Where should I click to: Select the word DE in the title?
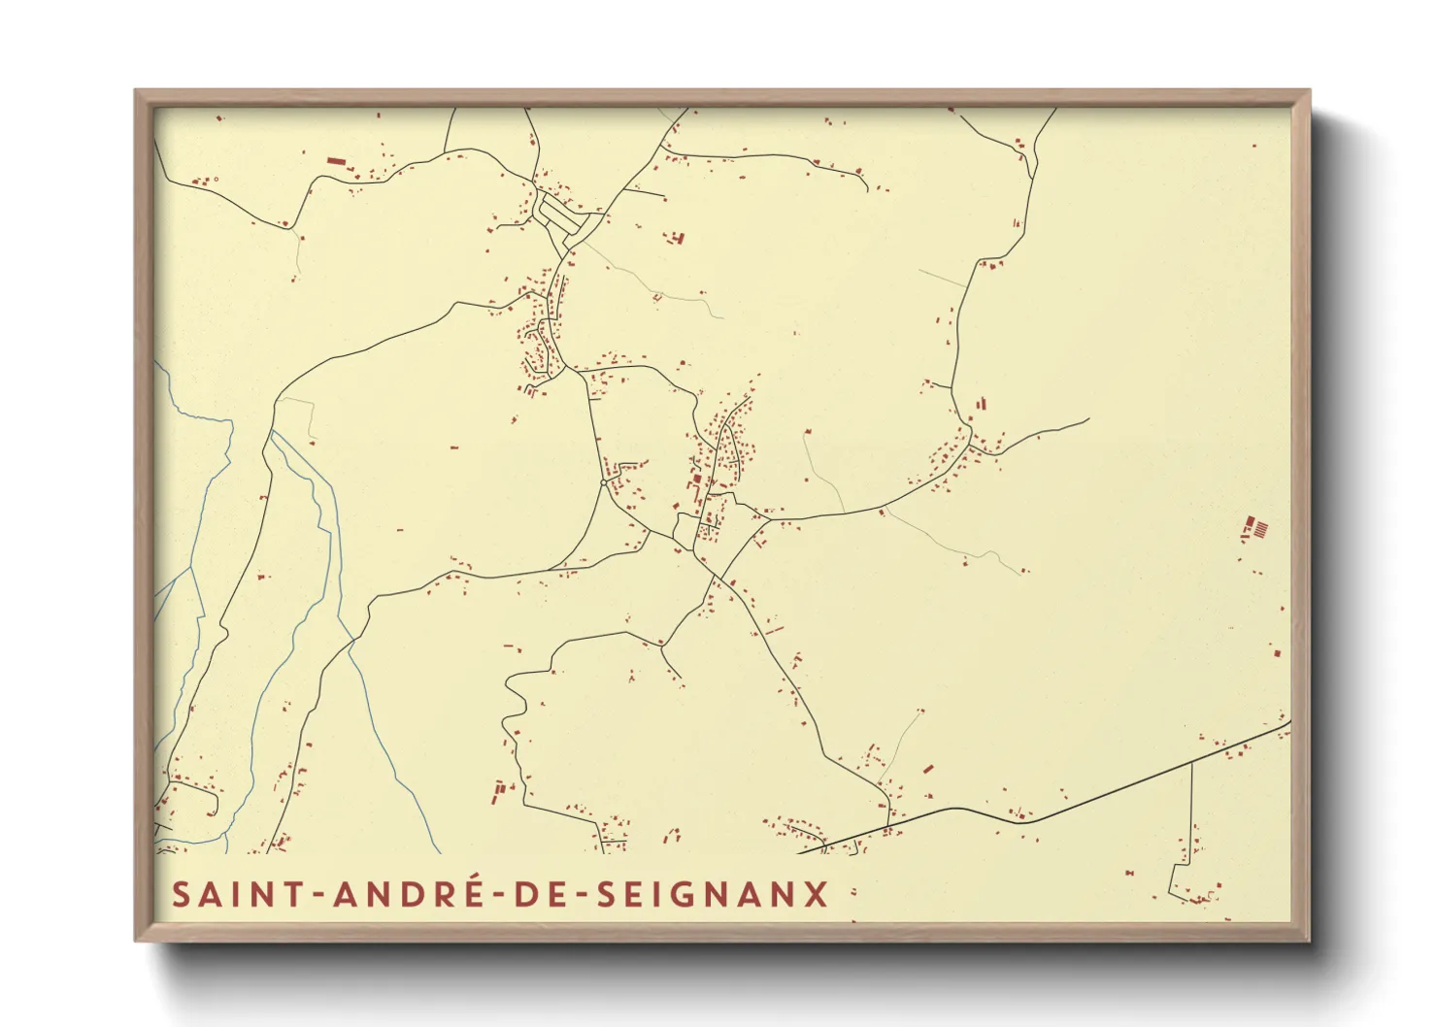(x=542, y=894)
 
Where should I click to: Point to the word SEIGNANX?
(x=713, y=894)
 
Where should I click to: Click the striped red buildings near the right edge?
(x=1257, y=529)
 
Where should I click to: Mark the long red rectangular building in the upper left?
(x=336, y=161)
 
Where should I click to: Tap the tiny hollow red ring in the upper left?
(x=215, y=179)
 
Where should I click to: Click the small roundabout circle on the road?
(x=603, y=481)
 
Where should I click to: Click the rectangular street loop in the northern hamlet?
(x=562, y=218)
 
